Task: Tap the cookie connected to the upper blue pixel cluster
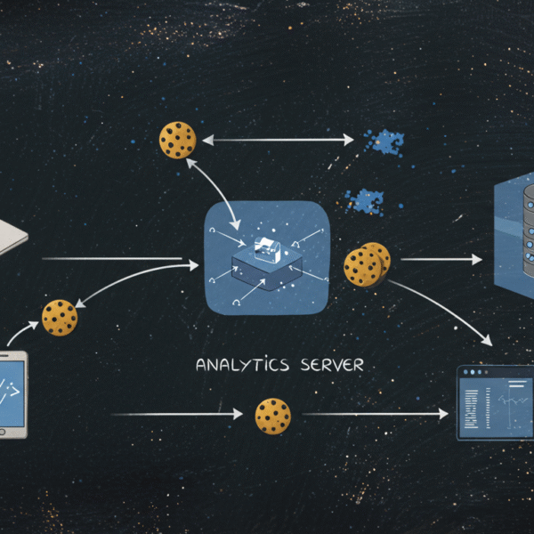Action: pyautogui.click(x=177, y=140)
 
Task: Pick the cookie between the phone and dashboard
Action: pyautogui.click(x=273, y=416)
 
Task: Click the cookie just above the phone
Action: pyautogui.click(x=60, y=318)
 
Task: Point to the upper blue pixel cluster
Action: pyautogui.click(x=384, y=140)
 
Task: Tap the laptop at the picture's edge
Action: pyautogui.click(x=11, y=233)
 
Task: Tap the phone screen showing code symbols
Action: pyautogui.click(x=11, y=392)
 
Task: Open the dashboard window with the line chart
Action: pyautogui.click(x=495, y=402)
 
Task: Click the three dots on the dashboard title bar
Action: pyautogui.click(x=474, y=372)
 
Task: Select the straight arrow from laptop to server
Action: pyautogui.click(x=120, y=260)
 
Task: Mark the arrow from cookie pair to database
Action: pyautogui.click(x=441, y=259)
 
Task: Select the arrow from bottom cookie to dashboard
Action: pyautogui.click(x=374, y=414)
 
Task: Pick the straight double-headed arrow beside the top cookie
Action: pyautogui.click(x=280, y=139)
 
